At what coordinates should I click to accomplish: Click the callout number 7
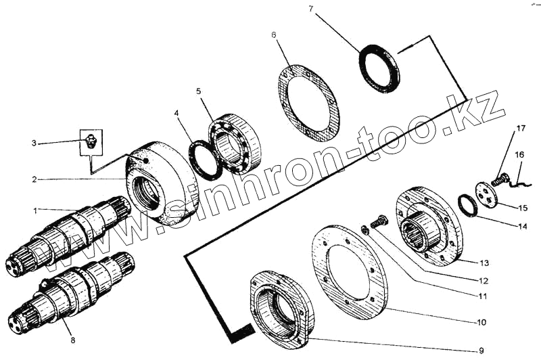pos(311,9)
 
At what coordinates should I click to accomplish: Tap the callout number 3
pos(34,143)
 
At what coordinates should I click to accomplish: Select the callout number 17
pos(520,129)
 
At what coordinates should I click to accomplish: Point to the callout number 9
pos(481,351)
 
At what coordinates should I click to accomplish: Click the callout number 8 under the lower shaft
pos(72,340)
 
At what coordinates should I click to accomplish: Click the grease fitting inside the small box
pos(91,141)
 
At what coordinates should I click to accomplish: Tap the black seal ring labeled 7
pos(379,68)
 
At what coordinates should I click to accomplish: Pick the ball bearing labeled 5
pos(235,142)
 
